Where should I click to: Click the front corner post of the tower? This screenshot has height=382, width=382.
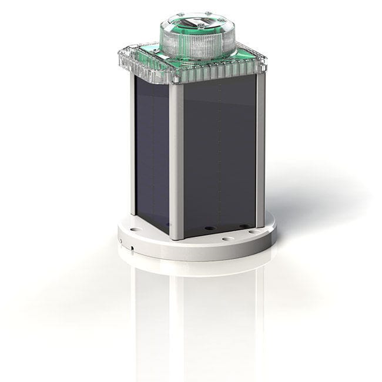[x=176, y=159]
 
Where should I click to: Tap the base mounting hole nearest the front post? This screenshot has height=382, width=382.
[x=226, y=239]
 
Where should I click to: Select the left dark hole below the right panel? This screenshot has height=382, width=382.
[x=207, y=227]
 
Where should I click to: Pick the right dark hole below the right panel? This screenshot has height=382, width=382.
[x=243, y=225]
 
